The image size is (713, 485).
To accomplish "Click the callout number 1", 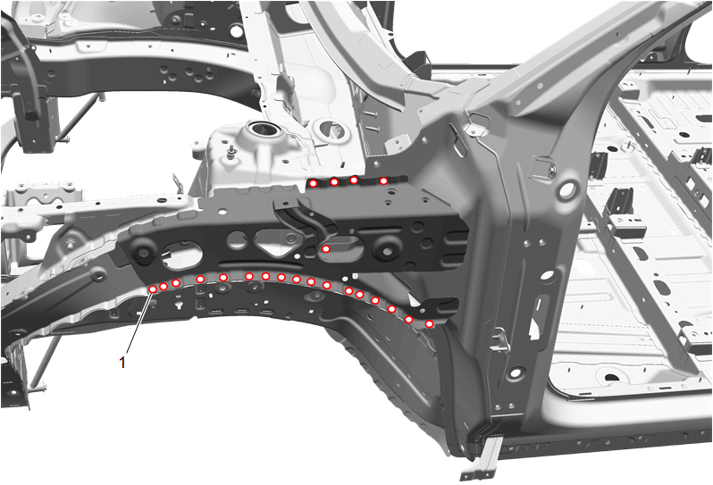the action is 122,363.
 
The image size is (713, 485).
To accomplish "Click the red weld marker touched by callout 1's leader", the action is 154,289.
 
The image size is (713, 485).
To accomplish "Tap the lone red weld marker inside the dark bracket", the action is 326,248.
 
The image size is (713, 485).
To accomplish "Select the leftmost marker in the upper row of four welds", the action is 313,183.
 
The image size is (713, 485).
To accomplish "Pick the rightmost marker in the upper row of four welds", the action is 383,181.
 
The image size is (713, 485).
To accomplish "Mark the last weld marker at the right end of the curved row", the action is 429,323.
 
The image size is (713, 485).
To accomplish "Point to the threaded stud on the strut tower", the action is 233,150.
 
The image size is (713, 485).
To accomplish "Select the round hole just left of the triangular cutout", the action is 237,239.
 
